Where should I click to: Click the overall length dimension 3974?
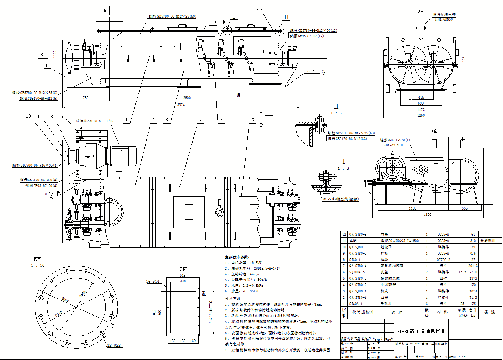(x=181, y=105)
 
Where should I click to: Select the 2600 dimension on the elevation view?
(x=187, y=97)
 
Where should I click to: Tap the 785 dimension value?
(x=85, y=97)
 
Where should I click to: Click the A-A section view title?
(x=422, y=12)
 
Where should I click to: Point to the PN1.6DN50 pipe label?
(x=444, y=19)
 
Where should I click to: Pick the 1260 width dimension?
(x=421, y=115)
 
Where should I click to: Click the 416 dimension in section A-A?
(x=421, y=97)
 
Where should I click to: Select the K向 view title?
(x=435, y=131)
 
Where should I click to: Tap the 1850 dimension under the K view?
(x=427, y=214)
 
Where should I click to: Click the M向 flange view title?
(x=37, y=259)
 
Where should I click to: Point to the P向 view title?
(x=184, y=269)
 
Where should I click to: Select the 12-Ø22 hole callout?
(x=114, y=345)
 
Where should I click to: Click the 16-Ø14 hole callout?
(x=153, y=281)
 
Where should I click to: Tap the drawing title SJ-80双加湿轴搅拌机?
(x=421, y=331)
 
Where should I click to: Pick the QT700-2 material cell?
(x=443, y=260)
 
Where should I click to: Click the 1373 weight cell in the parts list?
(x=473, y=279)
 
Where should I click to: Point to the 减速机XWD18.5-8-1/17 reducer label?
(x=95, y=121)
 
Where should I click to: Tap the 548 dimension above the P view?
(x=182, y=276)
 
